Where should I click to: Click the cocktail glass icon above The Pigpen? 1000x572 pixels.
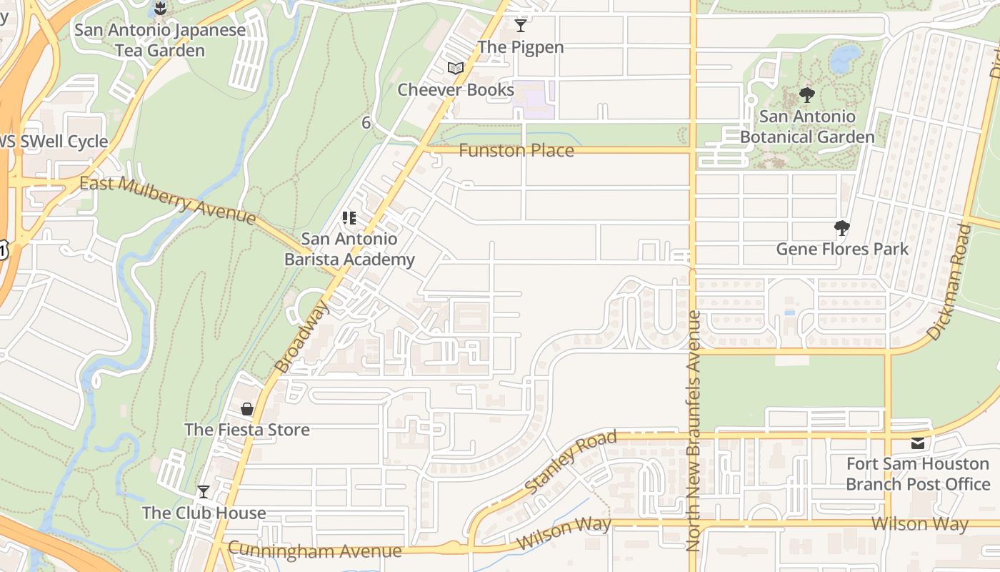click(x=521, y=26)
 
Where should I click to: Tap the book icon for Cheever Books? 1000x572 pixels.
click(x=456, y=68)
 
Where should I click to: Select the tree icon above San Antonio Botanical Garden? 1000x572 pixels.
click(x=807, y=94)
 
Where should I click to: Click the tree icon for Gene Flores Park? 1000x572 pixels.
click(x=842, y=228)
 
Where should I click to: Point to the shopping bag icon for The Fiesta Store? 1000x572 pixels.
click(x=246, y=409)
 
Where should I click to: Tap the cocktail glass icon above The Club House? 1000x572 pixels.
click(x=204, y=492)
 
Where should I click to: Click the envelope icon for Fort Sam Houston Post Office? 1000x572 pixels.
click(x=918, y=443)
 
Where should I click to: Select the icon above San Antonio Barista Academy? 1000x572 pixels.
click(x=349, y=217)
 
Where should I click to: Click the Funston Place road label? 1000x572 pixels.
click(x=516, y=151)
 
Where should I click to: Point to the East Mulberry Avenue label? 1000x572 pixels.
click(x=167, y=199)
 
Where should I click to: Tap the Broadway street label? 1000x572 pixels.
click(x=303, y=337)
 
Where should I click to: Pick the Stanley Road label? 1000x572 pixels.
click(x=571, y=461)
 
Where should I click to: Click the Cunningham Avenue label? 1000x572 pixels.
click(x=315, y=551)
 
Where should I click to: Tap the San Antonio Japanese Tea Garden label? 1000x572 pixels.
click(x=160, y=41)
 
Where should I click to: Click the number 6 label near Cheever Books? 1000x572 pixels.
click(x=366, y=123)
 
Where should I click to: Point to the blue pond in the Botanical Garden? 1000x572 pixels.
click(x=846, y=56)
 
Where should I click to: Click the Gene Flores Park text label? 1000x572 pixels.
click(x=842, y=249)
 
